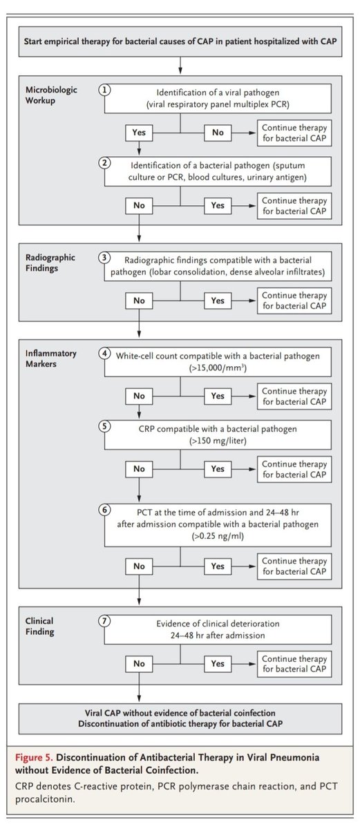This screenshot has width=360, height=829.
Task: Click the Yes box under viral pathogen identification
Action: pos(140,133)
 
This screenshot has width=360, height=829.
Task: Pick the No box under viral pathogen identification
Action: pos(218,133)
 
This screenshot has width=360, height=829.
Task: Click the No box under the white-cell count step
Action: pos(140,396)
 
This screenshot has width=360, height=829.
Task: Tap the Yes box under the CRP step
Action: pos(218,469)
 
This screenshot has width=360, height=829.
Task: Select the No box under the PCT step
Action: pos(140,566)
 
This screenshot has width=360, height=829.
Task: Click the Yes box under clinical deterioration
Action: pos(218,664)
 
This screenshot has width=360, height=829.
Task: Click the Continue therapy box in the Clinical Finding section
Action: pos(294,664)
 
